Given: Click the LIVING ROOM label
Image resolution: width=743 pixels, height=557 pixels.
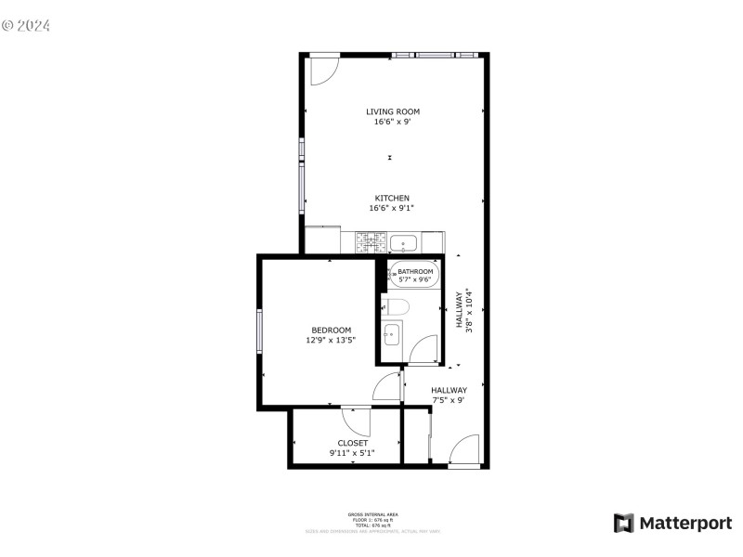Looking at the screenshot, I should tap(392, 111).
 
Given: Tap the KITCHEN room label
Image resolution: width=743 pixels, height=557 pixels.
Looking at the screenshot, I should tap(392, 198).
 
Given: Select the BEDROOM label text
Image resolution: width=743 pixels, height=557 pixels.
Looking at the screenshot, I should tap(331, 330).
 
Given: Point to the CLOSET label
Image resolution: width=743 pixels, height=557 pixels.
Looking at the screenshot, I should tap(352, 443).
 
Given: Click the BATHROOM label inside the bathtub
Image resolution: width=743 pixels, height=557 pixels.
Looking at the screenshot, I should tap(416, 272).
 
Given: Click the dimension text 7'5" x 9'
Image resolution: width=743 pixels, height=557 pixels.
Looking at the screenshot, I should tap(449, 400).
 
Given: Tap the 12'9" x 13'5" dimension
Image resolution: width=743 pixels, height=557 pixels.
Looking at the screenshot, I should tap(331, 341).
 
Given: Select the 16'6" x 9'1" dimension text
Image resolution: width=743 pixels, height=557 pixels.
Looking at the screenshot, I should tap(392, 208).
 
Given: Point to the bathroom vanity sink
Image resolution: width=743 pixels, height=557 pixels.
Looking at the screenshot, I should tap(392, 333).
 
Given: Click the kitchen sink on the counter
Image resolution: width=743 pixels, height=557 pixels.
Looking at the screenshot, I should tap(403, 244).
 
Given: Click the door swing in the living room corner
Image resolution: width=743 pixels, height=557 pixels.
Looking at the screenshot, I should tap(323, 71).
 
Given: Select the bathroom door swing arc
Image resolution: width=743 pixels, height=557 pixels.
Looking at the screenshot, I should tap(424, 350).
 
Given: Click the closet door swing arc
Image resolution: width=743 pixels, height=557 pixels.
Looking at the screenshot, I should tap(357, 421).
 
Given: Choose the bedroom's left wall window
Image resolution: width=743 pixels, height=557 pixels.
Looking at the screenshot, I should tap(260, 331).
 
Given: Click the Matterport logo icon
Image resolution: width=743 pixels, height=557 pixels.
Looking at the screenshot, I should tap(623, 523).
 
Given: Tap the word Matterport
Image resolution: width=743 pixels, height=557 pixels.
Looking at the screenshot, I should tap(684, 523).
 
